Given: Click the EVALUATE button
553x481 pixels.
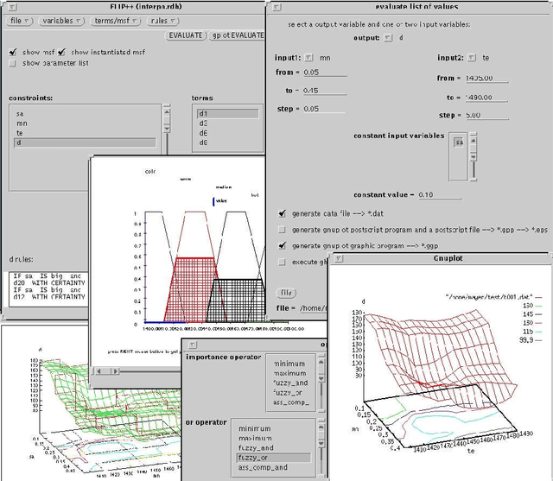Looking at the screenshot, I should tap(187, 35).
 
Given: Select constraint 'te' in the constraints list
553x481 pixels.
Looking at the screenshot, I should tap(22, 133).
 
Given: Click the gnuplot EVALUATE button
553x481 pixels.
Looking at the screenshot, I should tap(238, 35).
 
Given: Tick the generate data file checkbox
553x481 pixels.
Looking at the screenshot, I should tap(283, 213).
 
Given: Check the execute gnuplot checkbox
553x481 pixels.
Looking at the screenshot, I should tap(283, 261).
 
